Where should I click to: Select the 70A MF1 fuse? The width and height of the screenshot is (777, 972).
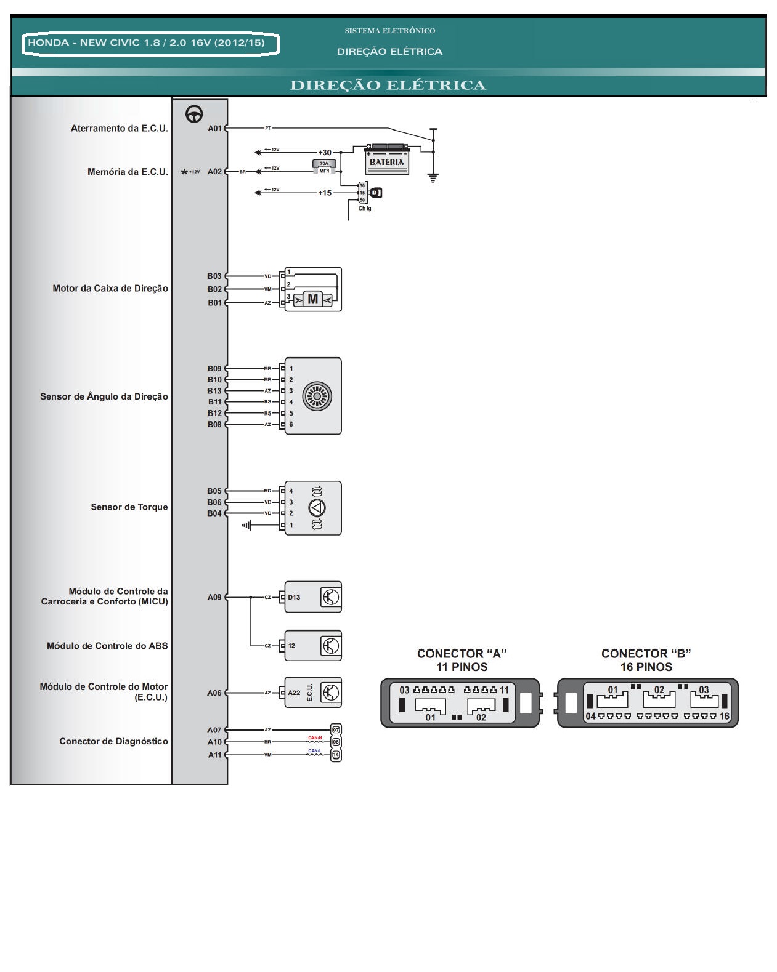tap(324, 167)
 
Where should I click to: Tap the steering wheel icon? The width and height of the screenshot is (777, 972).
tap(195, 114)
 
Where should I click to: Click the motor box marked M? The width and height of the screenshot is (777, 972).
tap(313, 299)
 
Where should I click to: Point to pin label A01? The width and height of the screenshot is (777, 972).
tap(214, 129)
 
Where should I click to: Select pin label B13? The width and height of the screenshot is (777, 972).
tap(214, 391)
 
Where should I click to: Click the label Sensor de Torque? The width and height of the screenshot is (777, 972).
tap(129, 507)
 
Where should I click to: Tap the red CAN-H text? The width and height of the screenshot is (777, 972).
tap(315, 737)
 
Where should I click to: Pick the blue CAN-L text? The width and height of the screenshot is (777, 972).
tap(315, 751)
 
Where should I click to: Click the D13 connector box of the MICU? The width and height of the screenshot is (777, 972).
tap(294, 597)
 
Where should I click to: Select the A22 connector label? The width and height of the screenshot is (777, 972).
tap(295, 693)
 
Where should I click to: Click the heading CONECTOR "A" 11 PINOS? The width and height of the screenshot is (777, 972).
tap(462, 661)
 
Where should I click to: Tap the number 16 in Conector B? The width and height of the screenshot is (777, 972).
tap(724, 717)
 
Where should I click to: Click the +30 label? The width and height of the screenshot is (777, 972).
tap(325, 153)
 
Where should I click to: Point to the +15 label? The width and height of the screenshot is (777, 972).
tap(325, 193)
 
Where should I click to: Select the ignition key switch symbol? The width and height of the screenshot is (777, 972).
tap(375, 193)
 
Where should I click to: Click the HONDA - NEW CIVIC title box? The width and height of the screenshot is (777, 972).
tap(151, 44)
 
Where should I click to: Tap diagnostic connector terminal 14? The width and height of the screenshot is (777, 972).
tap(336, 755)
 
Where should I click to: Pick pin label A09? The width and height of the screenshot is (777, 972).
tap(214, 597)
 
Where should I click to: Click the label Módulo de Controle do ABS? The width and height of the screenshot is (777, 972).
tap(107, 646)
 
